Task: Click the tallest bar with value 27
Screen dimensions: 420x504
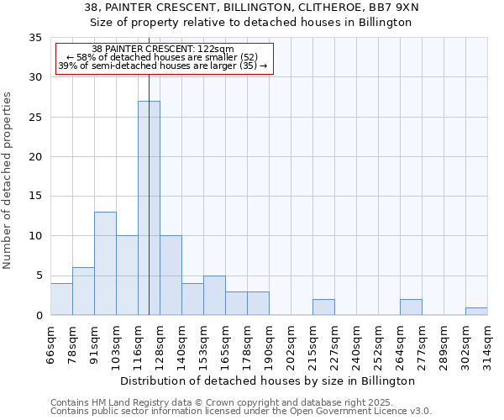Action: point(149,208)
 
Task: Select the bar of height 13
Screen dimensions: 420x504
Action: point(105,264)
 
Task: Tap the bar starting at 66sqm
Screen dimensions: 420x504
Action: point(61,299)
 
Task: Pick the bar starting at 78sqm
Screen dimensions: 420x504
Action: point(83,291)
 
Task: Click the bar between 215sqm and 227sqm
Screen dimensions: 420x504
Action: point(323,307)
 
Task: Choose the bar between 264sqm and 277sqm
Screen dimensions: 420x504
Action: point(411,307)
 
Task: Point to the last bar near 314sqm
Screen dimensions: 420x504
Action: point(476,312)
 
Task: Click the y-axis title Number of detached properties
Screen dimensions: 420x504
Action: point(8,181)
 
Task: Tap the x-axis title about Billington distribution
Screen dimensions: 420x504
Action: point(269,381)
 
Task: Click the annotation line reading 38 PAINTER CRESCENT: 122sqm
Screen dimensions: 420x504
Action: point(163,50)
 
